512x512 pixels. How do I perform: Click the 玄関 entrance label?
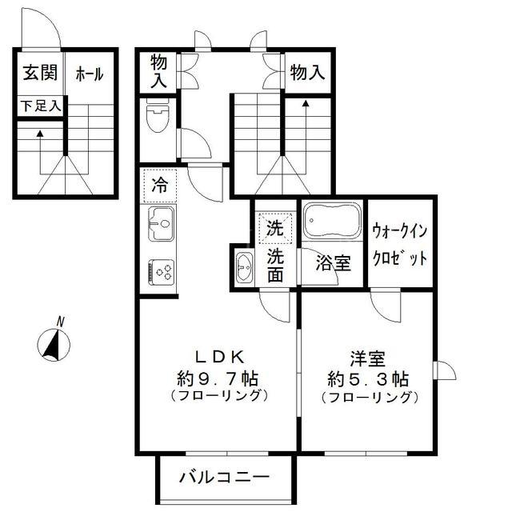pyautogui.click(x=40, y=73)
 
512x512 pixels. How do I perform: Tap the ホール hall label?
pyautogui.click(x=90, y=74)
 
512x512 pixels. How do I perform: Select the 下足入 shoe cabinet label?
pyautogui.click(x=41, y=106)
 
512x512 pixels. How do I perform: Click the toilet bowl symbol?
pyautogui.click(x=157, y=115)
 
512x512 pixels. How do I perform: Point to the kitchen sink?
pyautogui.click(x=161, y=224)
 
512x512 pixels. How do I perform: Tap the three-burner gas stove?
pyautogui.click(x=161, y=272)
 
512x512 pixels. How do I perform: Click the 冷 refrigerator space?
pyautogui.click(x=160, y=185)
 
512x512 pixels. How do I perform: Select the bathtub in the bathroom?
pyautogui.click(x=332, y=220)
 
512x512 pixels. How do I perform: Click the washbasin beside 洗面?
pyautogui.click(x=244, y=266)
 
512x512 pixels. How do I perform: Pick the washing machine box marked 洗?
pyautogui.click(x=275, y=228)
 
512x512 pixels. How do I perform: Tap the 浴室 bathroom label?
pyautogui.click(x=333, y=263)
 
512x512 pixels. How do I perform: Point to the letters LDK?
pyautogui.click(x=220, y=358)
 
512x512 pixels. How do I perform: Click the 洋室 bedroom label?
pyautogui.click(x=368, y=358)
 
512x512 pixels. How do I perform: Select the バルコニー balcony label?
pyautogui.click(x=224, y=478)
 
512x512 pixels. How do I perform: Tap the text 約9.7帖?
pyautogui.click(x=218, y=378)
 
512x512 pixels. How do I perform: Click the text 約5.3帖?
pyautogui.click(x=368, y=379)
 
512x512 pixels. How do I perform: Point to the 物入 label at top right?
pyautogui.click(x=307, y=72)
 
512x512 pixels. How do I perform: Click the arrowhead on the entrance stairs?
pyautogui.click(x=40, y=134)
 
